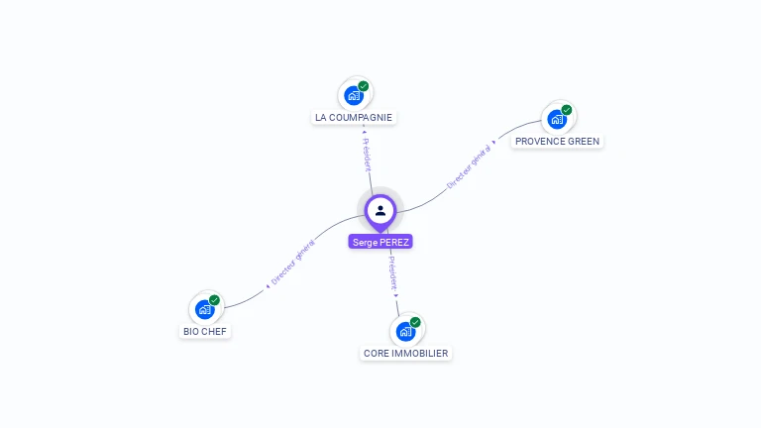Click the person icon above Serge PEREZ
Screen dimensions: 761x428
pos(380,210)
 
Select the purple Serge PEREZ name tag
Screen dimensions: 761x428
pos(380,242)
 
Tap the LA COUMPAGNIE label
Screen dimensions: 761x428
pos(354,117)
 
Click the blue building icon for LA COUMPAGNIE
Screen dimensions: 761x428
pos(352,96)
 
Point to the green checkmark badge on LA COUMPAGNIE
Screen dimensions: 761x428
pos(364,86)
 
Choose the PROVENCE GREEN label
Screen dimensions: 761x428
pos(557,141)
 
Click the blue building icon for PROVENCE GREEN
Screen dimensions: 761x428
pos(556,120)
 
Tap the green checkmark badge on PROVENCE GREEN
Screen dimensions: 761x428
pos(567,109)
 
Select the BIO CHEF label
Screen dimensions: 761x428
pos(205,331)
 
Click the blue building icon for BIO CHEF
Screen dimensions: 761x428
pos(204,309)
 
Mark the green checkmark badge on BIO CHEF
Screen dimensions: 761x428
pos(215,299)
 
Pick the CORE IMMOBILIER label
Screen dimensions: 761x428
pos(406,353)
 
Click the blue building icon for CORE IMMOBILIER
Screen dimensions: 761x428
pos(405,331)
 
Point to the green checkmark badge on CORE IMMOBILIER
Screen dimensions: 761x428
pos(416,321)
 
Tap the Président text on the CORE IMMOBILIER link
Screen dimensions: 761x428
pos(392,271)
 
